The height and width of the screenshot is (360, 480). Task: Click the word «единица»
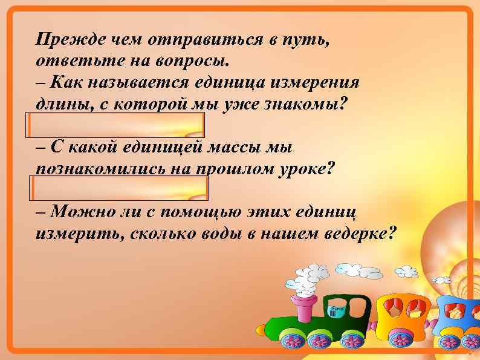coord(233,82)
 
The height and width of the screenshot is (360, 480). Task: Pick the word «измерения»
coord(320,82)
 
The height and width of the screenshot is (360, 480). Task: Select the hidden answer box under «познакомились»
coord(117,189)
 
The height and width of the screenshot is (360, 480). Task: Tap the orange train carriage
coord(401,315)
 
